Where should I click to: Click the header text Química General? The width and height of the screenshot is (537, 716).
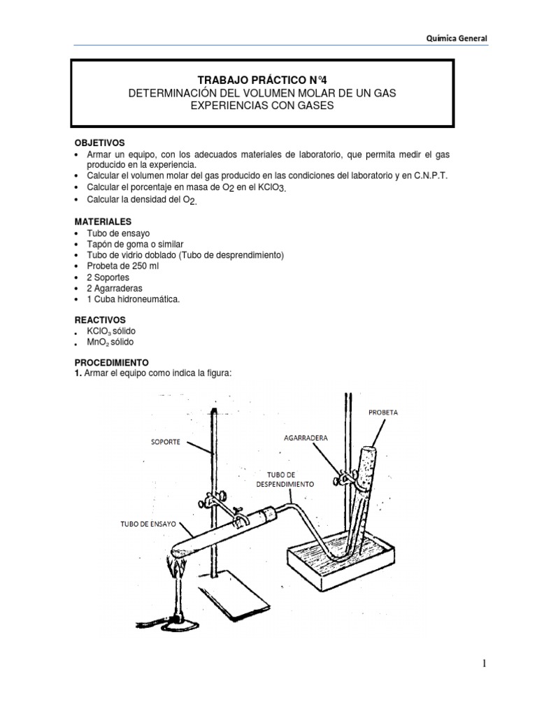458,39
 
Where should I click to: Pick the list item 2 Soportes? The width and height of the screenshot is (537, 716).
108,278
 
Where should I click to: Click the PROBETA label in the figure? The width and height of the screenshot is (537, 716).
382,413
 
